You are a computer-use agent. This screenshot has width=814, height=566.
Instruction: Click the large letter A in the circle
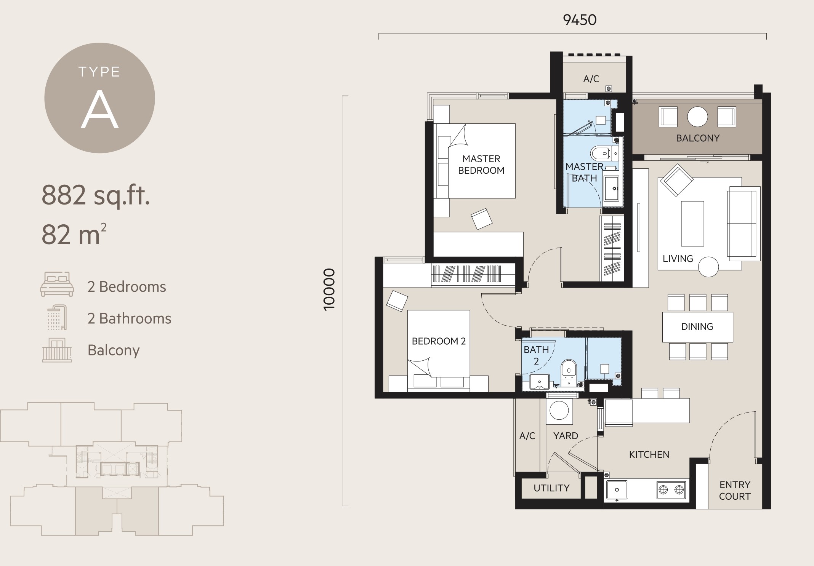(x=99, y=110)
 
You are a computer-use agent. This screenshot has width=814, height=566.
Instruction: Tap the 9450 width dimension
(x=580, y=20)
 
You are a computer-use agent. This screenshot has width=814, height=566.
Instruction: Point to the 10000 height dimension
(x=329, y=289)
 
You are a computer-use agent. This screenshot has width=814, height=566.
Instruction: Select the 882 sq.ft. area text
(x=96, y=195)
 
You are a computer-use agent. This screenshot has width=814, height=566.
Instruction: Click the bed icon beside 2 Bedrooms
(x=57, y=284)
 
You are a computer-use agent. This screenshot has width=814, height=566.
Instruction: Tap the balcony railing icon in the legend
(x=57, y=350)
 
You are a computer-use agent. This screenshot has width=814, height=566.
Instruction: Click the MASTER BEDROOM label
(x=481, y=165)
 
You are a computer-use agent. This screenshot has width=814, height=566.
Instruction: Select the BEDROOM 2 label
(x=439, y=341)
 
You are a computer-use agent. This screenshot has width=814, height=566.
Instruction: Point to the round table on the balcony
(x=697, y=117)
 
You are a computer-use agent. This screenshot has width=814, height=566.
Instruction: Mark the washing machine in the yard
(x=559, y=411)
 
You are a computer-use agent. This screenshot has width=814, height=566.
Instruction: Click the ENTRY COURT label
(x=735, y=491)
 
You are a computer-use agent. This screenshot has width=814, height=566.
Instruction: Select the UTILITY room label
(x=551, y=488)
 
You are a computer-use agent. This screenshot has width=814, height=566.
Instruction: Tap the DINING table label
(x=697, y=326)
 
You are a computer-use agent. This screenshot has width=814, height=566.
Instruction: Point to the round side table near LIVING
(x=708, y=267)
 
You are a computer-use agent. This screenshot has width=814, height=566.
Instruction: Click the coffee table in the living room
(x=692, y=224)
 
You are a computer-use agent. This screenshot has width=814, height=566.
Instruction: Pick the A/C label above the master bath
(x=591, y=79)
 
